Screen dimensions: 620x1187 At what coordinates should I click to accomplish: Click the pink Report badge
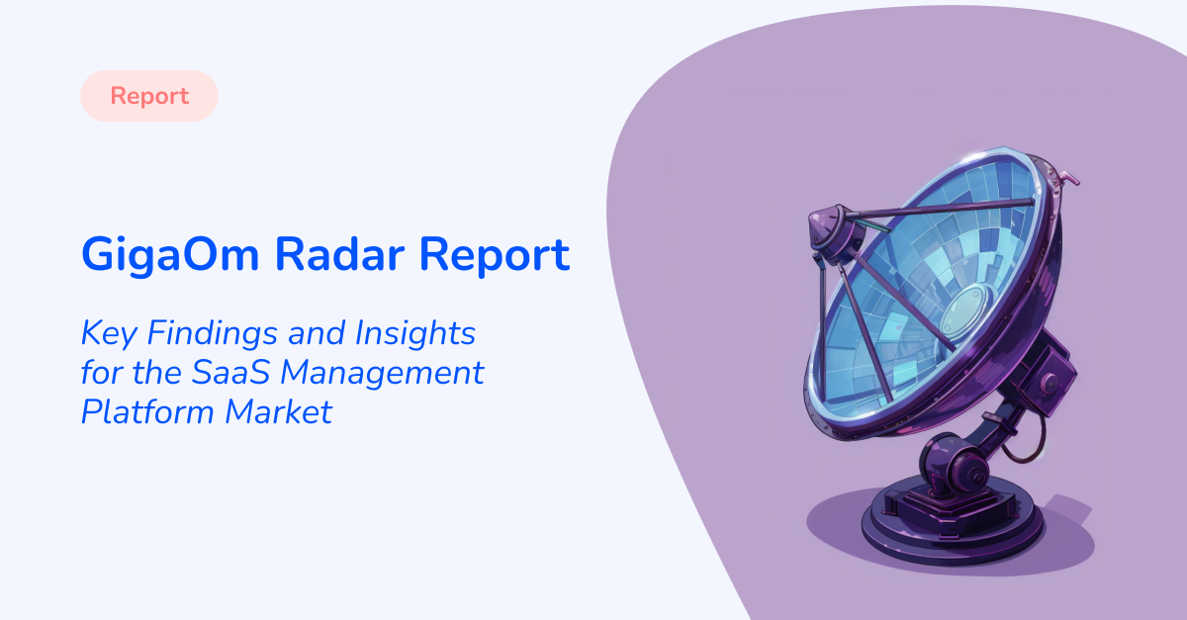pyautogui.click(x=149, y=96)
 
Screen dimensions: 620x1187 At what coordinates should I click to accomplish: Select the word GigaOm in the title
pyautogui.click(x=169, y=255)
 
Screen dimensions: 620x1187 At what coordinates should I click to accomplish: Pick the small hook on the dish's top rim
pyautogui.click(x=1067, y=177)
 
